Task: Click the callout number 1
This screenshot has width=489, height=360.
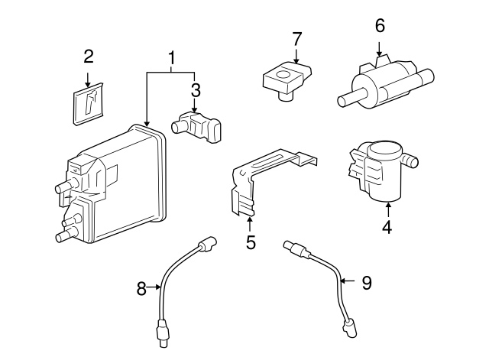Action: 172,58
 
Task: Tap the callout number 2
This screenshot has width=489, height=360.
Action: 89,56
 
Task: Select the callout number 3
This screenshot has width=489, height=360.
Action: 196,90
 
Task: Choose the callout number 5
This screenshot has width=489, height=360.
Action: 251,242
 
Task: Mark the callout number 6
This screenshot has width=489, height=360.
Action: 380,25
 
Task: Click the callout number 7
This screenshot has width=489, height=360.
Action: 296,38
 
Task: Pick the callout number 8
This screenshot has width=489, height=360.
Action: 141,288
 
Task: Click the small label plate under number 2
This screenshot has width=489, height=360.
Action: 88,103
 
